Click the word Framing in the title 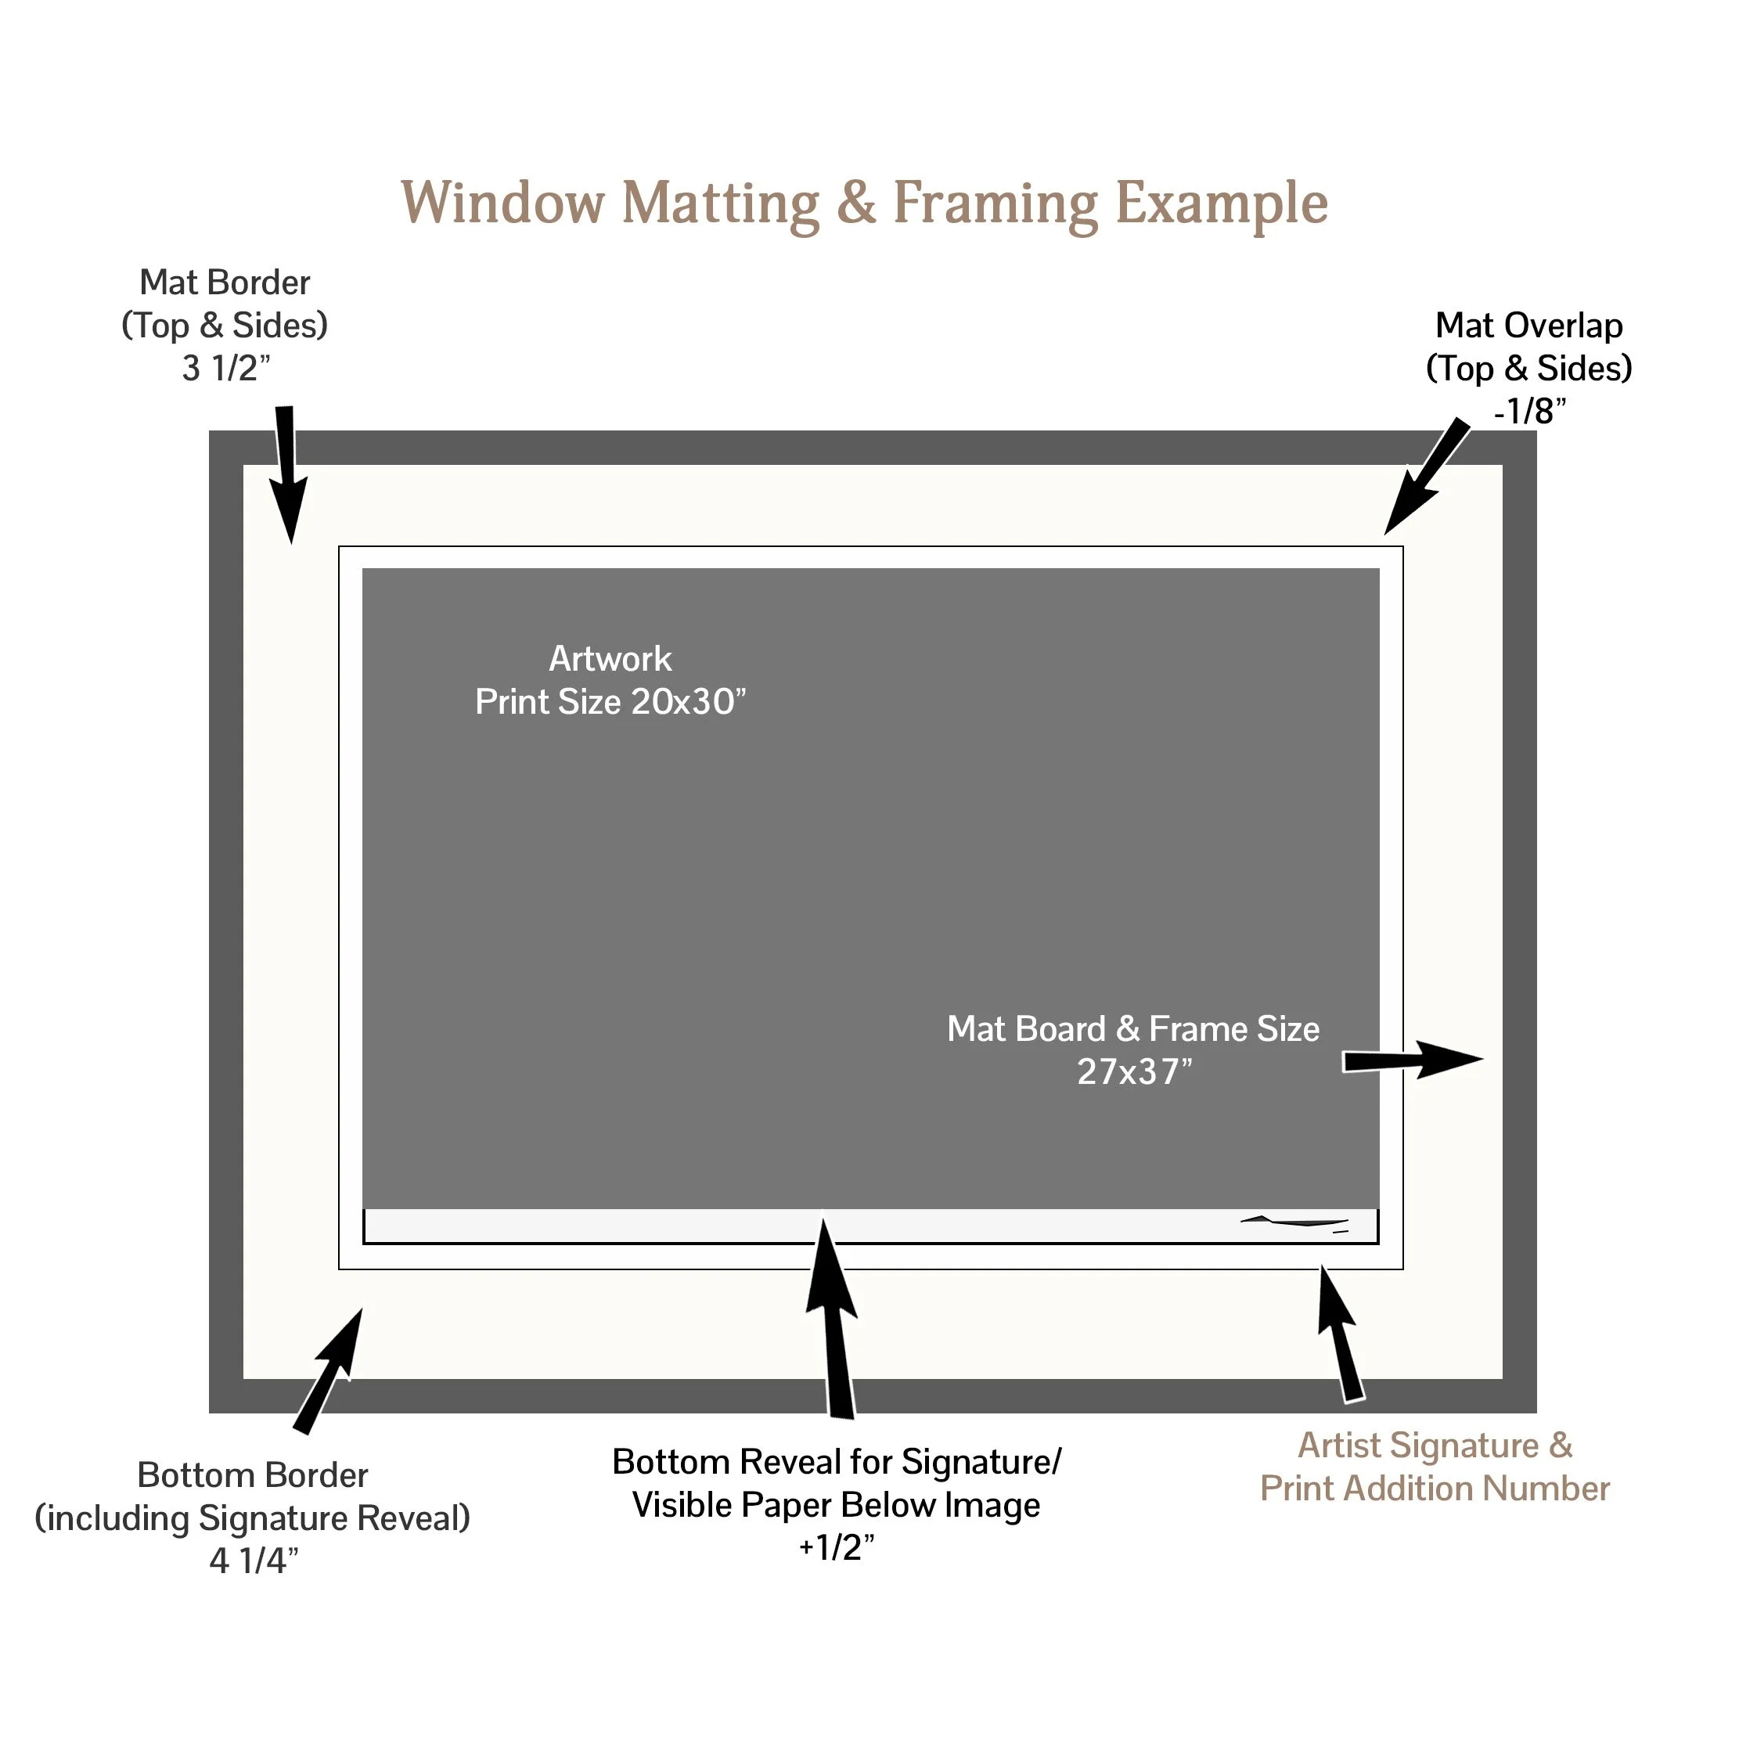pos(995,203)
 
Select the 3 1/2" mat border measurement pos(226,368)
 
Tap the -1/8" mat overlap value pos(1529,412)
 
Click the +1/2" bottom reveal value pos(836,1547)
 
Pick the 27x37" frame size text pos(1133,1072)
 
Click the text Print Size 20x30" pos(610,702)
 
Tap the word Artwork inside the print pos(610,659)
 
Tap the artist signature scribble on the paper pos(1296,1222)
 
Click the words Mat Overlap pos(1528,326)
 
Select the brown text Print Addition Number pos(1434,1489)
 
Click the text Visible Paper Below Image pos(836,1505)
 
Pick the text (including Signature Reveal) pos(253,1518)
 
